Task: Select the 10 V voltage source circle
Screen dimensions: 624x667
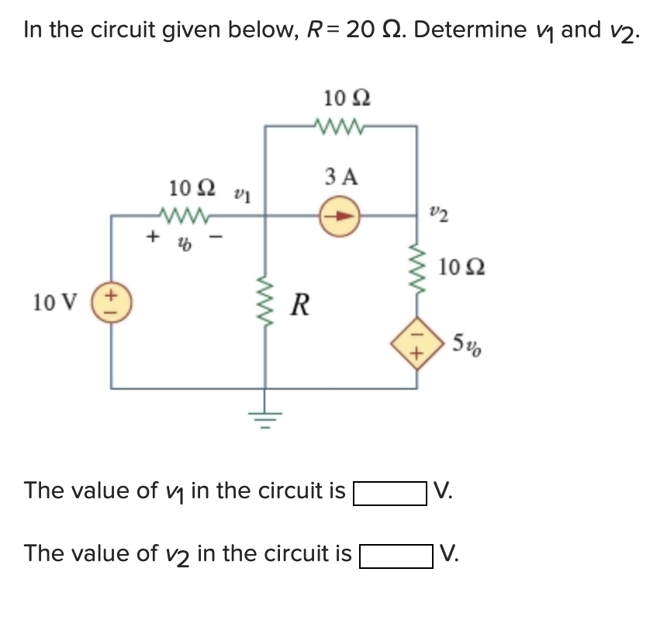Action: pyautogui.click(x=111, y=301)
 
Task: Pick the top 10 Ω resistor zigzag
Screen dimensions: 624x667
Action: pyautogui.click(x=341, y=125)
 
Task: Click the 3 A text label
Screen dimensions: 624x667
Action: pyautogui.click(x=342, y=177)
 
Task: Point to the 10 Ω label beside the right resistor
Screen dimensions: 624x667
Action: pyautogui.click(x=463, y=268)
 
